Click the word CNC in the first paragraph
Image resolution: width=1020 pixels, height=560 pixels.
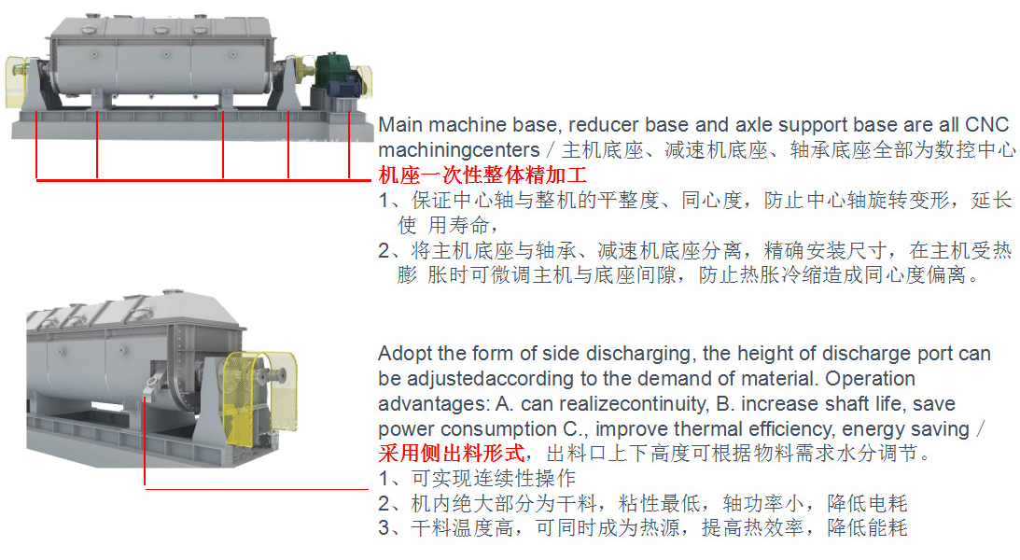click(x=986, y=124)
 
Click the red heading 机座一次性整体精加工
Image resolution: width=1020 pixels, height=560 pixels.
click(x=482, y=175)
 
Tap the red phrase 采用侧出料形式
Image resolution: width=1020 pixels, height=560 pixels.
click(x=452, y=453)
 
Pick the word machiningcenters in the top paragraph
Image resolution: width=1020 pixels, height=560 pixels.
click(x=459, y=150)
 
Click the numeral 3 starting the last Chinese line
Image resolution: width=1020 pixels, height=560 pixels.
click(x=384, y=527)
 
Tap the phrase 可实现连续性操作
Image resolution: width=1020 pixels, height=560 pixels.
click(x=494, y=478)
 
